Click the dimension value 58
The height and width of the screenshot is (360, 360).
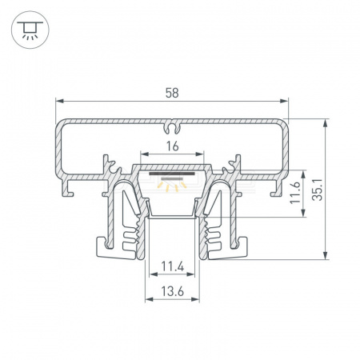pos(172,93)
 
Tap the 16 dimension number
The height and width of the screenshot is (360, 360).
pos(172,146)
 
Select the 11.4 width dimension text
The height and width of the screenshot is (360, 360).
pos(173,266)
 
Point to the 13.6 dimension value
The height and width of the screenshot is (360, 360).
pos(173,291)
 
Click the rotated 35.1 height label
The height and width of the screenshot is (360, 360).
pos(318,190)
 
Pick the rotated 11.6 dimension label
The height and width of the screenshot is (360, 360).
pos(295,193)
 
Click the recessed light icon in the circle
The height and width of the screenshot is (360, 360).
pos(30,30)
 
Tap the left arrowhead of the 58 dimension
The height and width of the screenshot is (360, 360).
pos(59,101)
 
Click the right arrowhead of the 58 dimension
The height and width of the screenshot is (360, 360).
pos(284,101)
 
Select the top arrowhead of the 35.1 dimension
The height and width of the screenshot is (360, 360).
pos(326,123)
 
